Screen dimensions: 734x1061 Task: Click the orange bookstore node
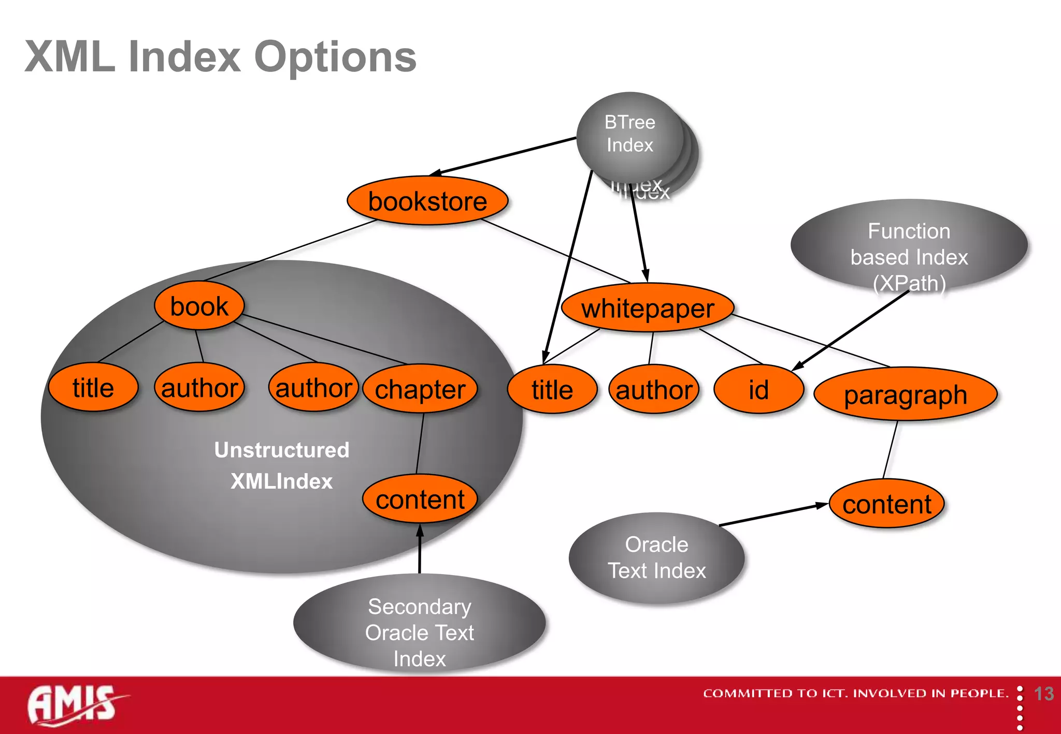coord(427,201)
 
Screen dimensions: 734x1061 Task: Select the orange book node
coord(199,306)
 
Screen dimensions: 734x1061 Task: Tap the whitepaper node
coord(648,308)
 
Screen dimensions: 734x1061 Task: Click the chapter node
coord(420,389)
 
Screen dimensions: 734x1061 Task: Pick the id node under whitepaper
coord(758,389)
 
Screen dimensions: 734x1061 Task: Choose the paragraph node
coord(905,394)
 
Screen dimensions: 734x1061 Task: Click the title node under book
coord(93,388)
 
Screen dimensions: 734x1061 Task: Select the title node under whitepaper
coord(552,389)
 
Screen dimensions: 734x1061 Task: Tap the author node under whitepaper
coord(654,389)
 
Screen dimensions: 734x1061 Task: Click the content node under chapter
coord(420,499)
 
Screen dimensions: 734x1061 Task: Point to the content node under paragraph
coord(887,504)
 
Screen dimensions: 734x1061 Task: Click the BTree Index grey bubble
coord(629,134)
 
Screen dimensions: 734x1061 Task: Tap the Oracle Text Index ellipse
coord(656,557)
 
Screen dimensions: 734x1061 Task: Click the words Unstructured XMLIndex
coord(282,465)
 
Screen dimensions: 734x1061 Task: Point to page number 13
coord(1043,694)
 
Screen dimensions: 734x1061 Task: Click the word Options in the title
coord(335,57)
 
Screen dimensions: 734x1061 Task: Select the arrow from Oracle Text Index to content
coord(772,515)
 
